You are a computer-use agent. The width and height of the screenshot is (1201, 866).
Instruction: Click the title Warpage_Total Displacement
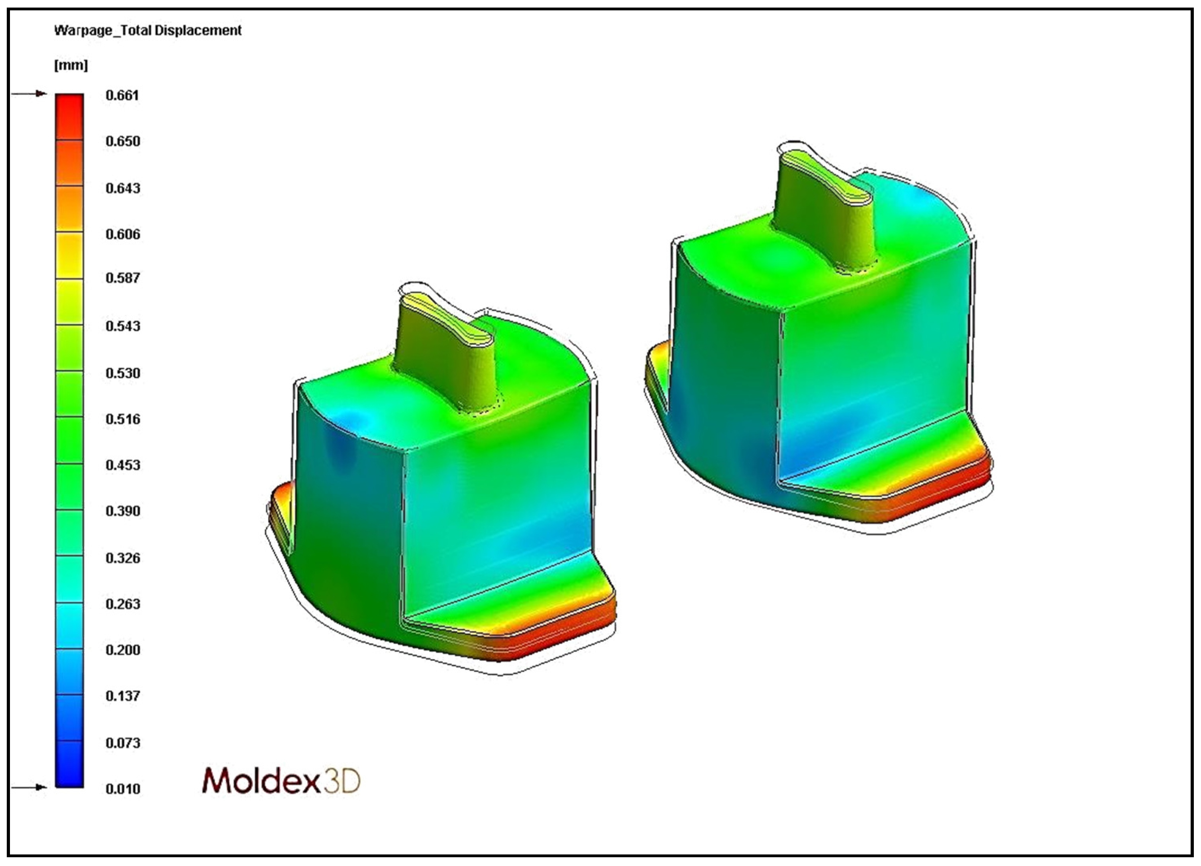[x=148, y=30]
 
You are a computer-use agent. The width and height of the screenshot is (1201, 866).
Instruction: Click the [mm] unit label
[x=71, y=65]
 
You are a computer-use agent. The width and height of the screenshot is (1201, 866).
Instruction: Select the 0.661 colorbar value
[x=122, y=95]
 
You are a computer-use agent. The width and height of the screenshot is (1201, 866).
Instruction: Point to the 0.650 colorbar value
[x=123, y=141]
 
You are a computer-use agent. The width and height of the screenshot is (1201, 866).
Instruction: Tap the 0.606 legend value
[x=123, y=234]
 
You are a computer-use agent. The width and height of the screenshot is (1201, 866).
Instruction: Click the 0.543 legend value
[x=123, y=326]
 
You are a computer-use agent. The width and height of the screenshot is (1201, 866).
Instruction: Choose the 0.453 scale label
[x=123, y=465]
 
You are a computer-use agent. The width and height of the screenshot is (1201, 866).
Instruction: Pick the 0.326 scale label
[x=123, y=558]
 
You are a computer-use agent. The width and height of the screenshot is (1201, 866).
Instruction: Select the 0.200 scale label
[x=123, y=650]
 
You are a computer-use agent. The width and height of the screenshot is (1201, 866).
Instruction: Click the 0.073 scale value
[x=123, y=742]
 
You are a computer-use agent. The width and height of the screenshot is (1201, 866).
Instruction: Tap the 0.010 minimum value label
[x=123, y=789]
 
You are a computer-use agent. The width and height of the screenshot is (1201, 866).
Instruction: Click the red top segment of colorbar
[x=69, y=116]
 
